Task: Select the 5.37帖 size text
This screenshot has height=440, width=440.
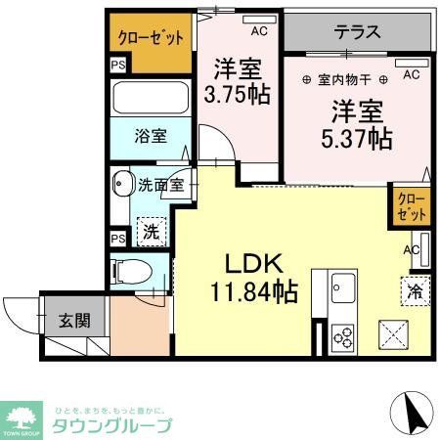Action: pyautogui.click(x=355, y=139)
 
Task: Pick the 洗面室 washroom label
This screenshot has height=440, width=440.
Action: pyautogui.click(x=157, y=184)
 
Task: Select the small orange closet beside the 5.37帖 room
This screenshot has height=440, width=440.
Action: pyautogui.click(x=409, y=206)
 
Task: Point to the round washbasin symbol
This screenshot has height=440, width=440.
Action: pyautogui.click(x=123, y=184)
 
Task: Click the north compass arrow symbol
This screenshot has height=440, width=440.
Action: pyautogui.click(x=414, y=414)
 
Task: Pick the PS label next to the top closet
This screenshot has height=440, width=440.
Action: pyautogui.click(x=118, y=66)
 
